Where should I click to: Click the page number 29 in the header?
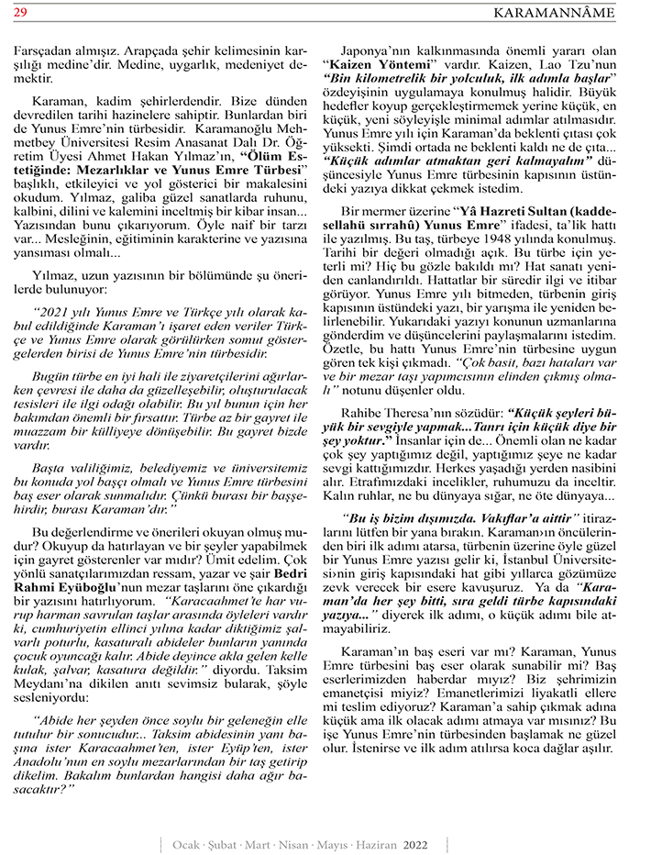coord(19,11)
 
